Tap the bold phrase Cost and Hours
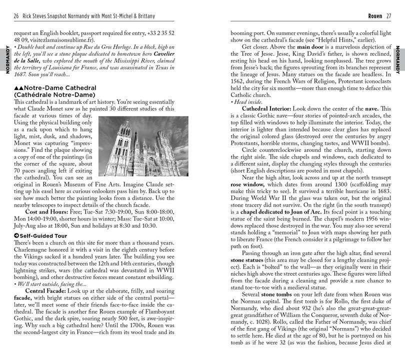tap(48, 204)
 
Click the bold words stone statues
tap(250, 260)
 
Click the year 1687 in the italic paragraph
tap(20, 74)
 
